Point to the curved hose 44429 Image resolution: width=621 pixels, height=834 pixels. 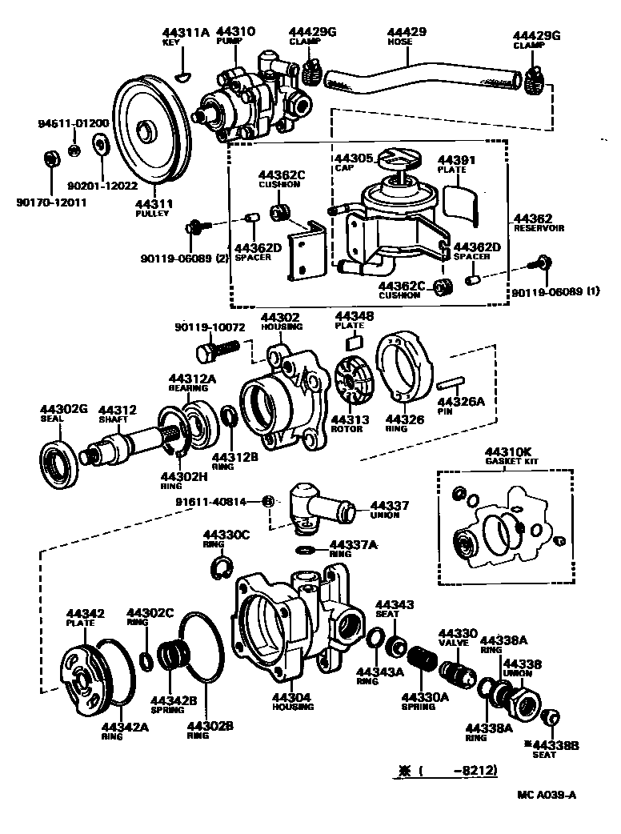click(x=416, y=73)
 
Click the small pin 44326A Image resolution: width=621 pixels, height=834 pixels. click(x=452, y=382)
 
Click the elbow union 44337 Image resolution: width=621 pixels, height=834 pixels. click(x=317, y=506)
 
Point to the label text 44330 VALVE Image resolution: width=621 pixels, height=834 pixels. click(x=459, y=636)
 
